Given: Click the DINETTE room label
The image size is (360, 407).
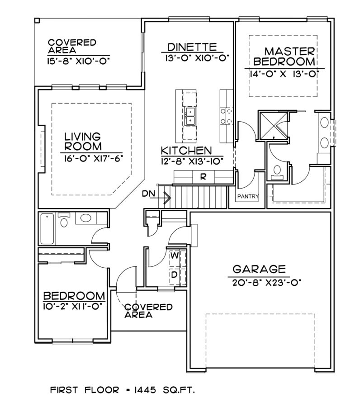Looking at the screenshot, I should point(192,47).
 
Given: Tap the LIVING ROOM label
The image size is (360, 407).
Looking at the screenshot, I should point(82,141).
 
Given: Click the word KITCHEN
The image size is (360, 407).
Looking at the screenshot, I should point(186,150).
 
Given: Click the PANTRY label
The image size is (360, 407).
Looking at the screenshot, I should point(248,196).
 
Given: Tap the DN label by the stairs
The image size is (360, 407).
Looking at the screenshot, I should point(149,194).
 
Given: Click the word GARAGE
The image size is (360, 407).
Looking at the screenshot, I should point(259,270).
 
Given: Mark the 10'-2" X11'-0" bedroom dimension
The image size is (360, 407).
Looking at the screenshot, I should point(74,306).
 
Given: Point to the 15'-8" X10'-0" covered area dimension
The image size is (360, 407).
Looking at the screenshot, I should point(79,60).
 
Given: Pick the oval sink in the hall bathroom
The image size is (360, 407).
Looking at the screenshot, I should point(85,219).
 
